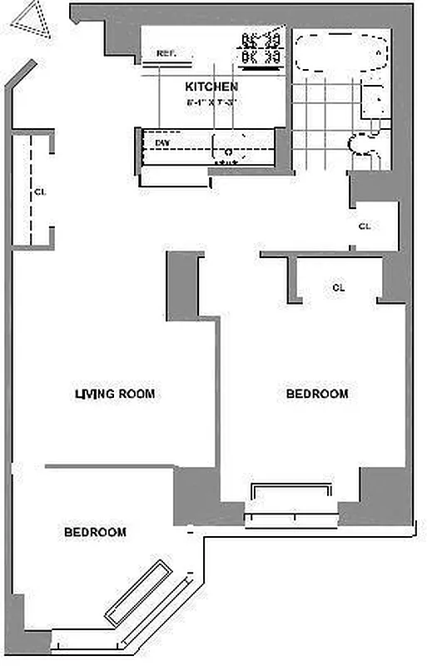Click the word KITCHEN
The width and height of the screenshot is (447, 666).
click(211, 87)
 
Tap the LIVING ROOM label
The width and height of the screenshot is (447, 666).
click(115, 394)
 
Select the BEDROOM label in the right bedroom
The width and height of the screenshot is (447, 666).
click(317, 394)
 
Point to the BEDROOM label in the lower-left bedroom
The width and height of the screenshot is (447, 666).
click(95, 532)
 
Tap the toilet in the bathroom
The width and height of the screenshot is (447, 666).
click(365, 146)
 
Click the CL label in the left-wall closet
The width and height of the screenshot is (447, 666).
click(39, 191)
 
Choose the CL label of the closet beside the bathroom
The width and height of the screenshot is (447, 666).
click(364, 226)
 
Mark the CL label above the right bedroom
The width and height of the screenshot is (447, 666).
click(338, 287)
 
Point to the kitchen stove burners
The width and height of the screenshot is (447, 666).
click(260, 49)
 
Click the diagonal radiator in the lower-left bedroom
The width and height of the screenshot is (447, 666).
click(139, 592)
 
